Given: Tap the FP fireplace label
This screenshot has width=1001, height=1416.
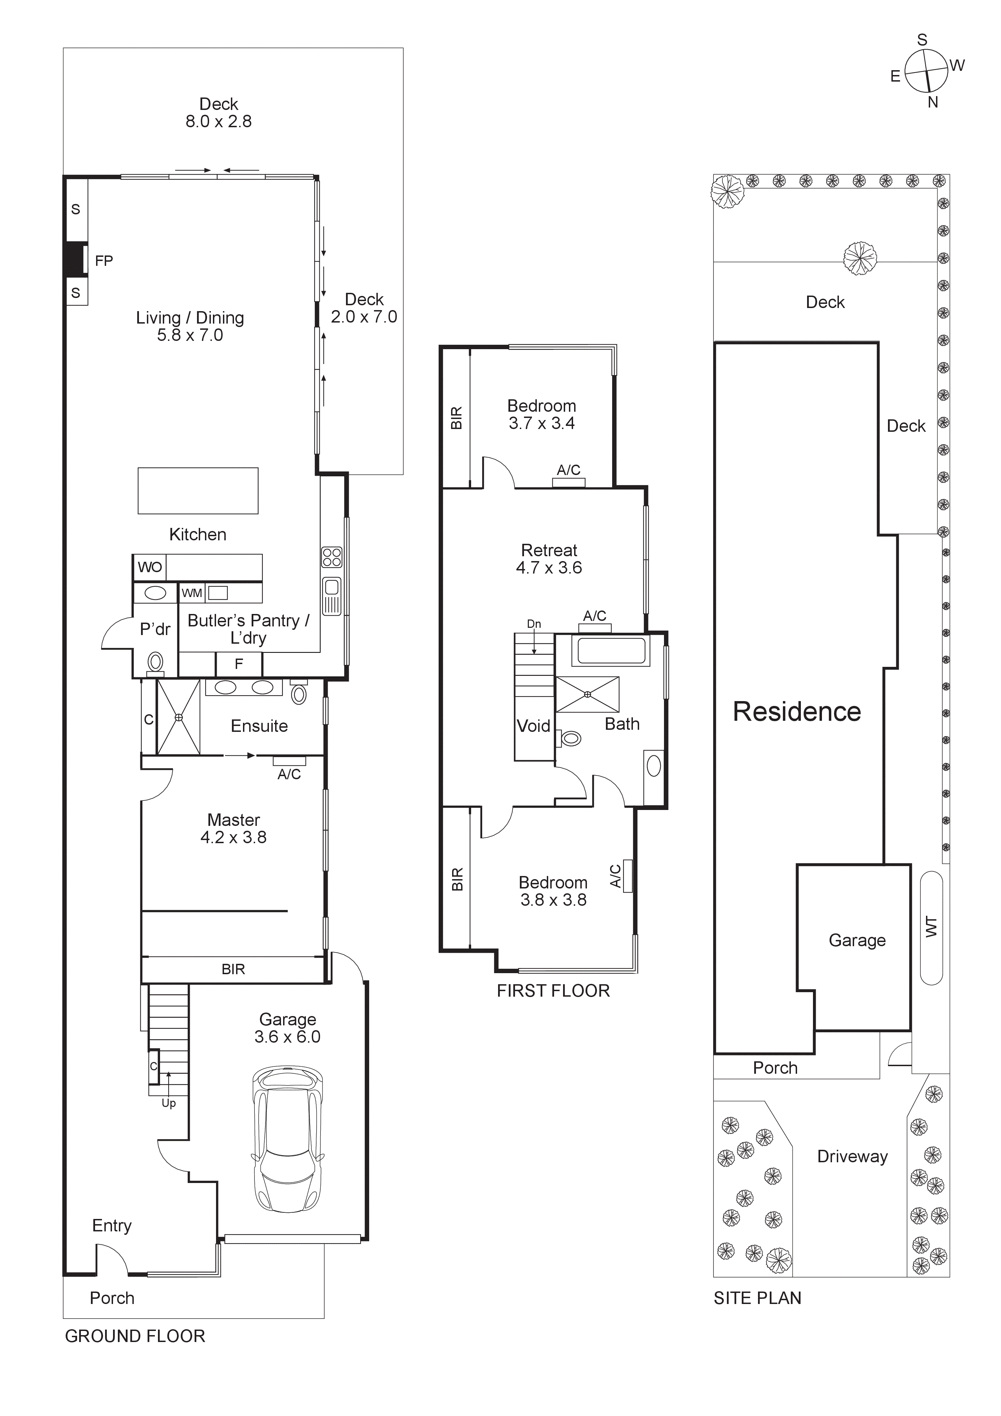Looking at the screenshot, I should click(104, 261).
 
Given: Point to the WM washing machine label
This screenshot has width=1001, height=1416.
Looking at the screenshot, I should click(192, 593).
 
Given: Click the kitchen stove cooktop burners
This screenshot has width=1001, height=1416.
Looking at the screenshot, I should click(332, 557).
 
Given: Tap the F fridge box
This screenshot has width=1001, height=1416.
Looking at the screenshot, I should click(239, 664).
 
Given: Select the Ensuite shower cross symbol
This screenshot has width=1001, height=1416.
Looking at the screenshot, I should click(178, 717).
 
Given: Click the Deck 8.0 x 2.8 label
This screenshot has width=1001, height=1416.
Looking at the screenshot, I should click(219, 113).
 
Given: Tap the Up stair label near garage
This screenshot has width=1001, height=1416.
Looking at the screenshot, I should click(168, 1103).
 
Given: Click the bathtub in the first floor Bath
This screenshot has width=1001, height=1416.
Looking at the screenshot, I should click(611, 651).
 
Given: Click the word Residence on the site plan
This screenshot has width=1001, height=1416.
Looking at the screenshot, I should click(796, 712).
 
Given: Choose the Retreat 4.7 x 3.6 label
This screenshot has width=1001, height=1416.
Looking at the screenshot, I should click(549, 559).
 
